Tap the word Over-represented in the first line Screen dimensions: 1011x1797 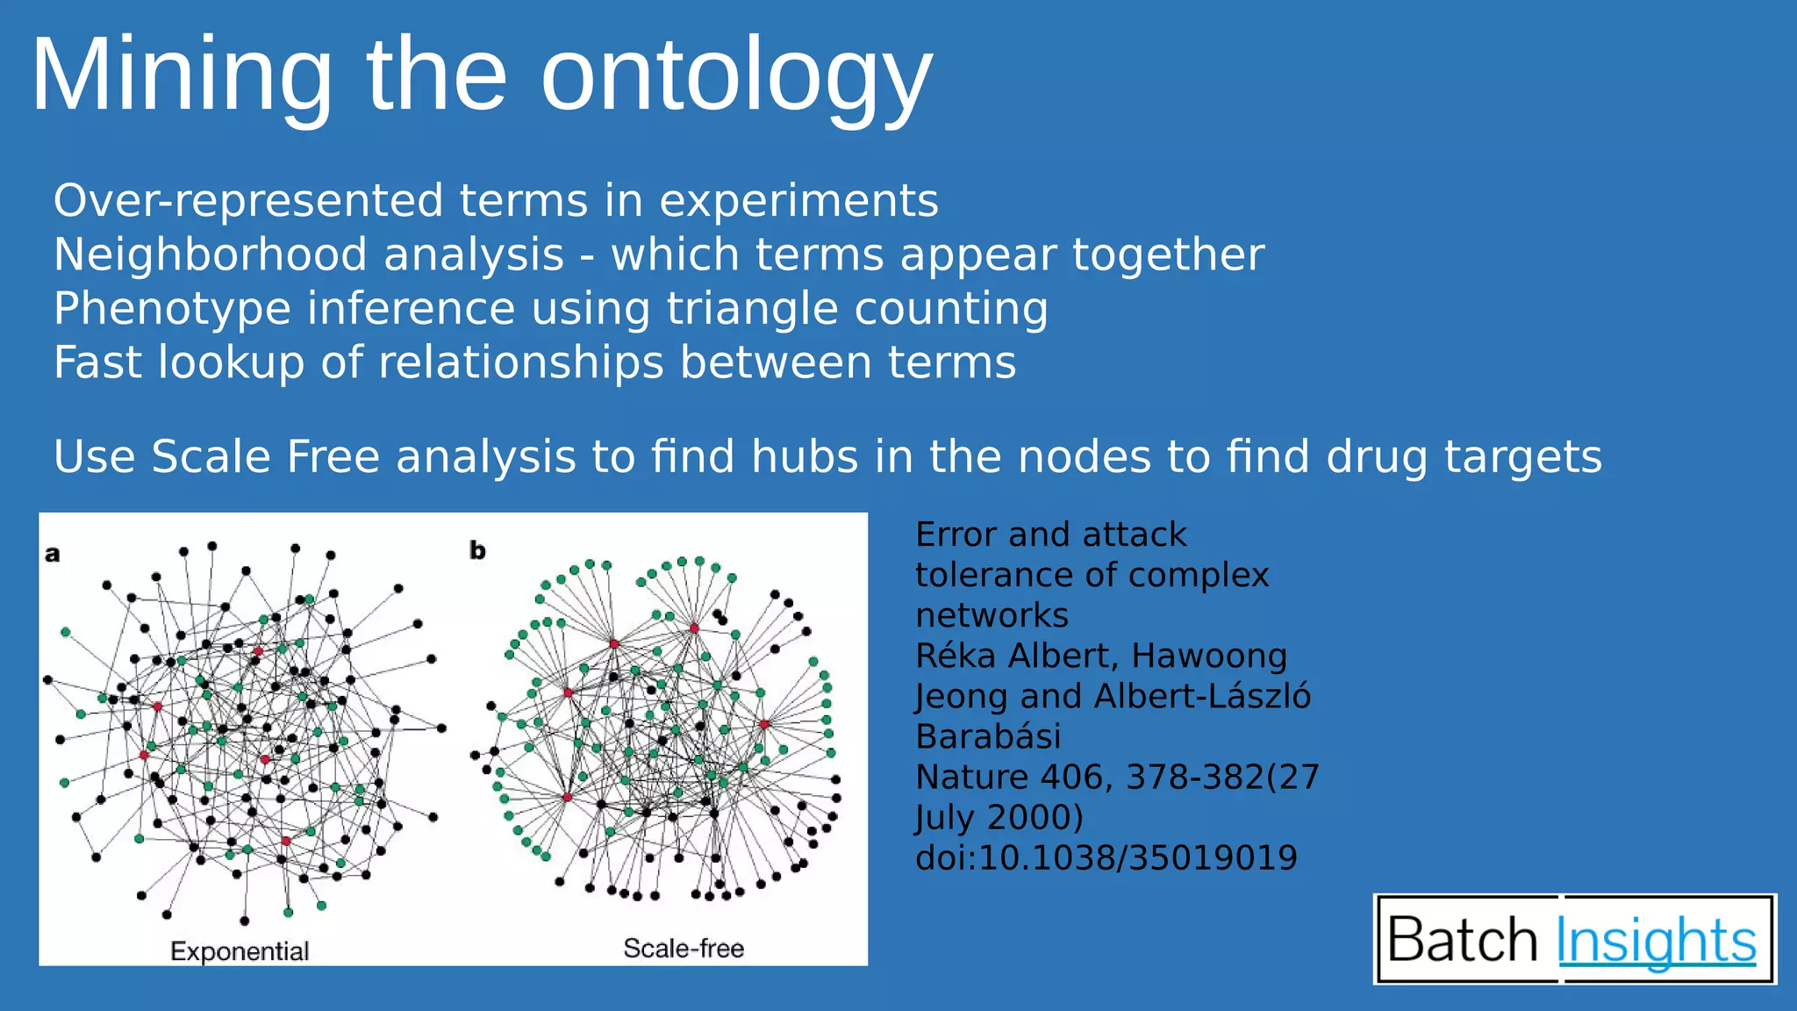click(x=249, y=201)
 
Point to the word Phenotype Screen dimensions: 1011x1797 click(x=172, y=309)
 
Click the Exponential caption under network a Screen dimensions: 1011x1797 click(x=240, y=951)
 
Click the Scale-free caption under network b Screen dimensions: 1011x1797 click(x=684, y=949)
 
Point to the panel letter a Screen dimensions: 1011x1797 click(x=53, y=554)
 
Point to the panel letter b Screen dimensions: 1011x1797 click(x=477, y=550)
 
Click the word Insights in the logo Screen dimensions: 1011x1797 click(x=1656, y=941)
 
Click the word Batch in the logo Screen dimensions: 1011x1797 click(x=1463, y=941)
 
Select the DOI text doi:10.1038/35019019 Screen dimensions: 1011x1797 click(x=1106, y=858)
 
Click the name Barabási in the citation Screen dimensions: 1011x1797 click(x=988, y=737)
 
